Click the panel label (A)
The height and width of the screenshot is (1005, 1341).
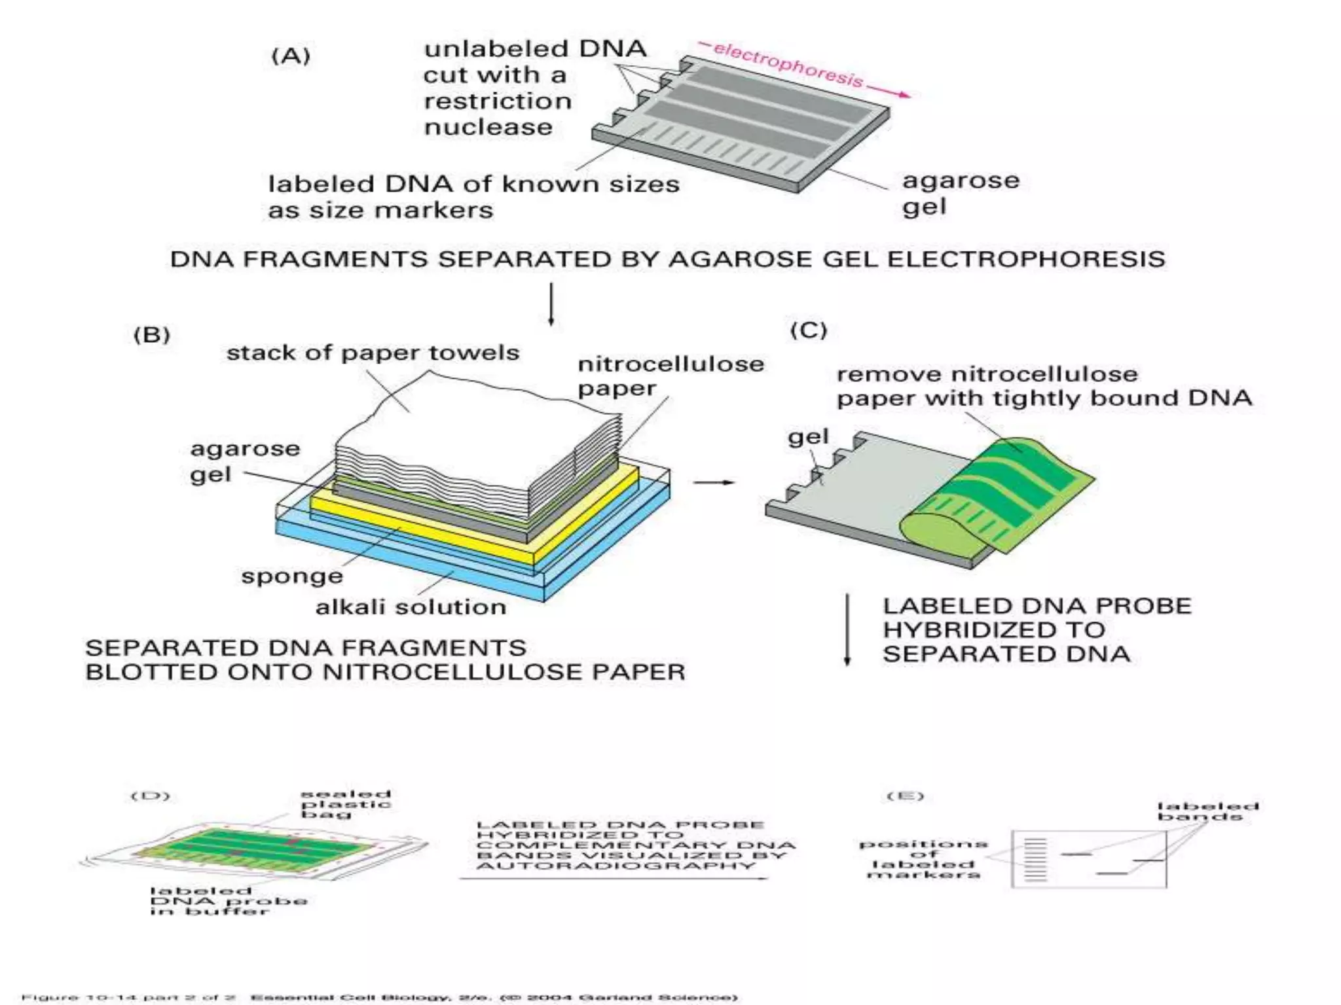click(x=291, y=56)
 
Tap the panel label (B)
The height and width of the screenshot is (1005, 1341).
click(x=152, y=335)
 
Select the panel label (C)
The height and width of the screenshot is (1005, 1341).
click(x=809, y=330)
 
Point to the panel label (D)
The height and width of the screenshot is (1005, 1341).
click(x=151, y=796)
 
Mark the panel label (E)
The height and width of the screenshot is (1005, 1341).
click(x=905, y=796)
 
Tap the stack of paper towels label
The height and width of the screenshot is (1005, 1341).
click(x=373, y=353)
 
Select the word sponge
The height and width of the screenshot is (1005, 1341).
click(x=292, y=576)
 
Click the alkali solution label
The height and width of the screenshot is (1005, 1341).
click(x=411, y=607)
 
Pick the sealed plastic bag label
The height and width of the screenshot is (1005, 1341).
click(x=346, y=804)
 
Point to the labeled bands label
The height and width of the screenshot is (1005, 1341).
click(x=1208, y=811)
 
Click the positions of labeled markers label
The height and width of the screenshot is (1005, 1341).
click(x=923, y=859)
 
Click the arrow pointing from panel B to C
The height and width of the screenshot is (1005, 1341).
click(x=714, y=482)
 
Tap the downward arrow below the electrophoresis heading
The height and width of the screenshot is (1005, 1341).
click(x=551, y=304)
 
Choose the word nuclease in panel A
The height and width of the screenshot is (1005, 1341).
click(x=488, y=127)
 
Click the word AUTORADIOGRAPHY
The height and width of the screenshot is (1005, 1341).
click(x=615, y=866)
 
